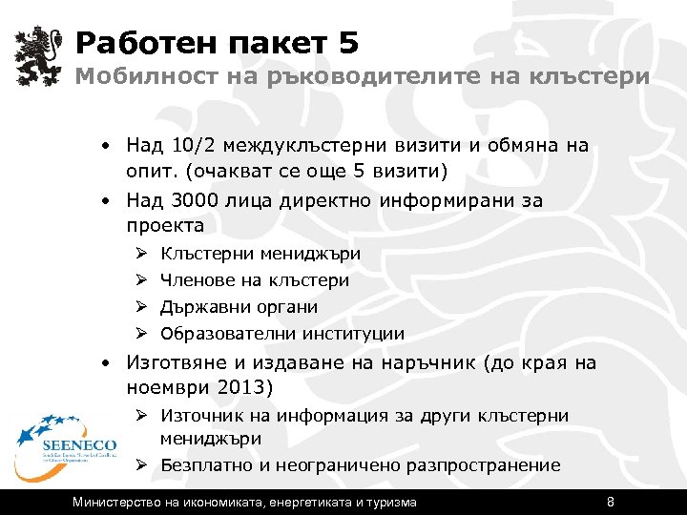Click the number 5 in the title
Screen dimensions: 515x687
347,43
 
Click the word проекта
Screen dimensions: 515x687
165,226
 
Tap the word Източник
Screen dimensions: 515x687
199,416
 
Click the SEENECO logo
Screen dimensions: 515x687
63,438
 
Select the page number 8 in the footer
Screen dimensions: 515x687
611,502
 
